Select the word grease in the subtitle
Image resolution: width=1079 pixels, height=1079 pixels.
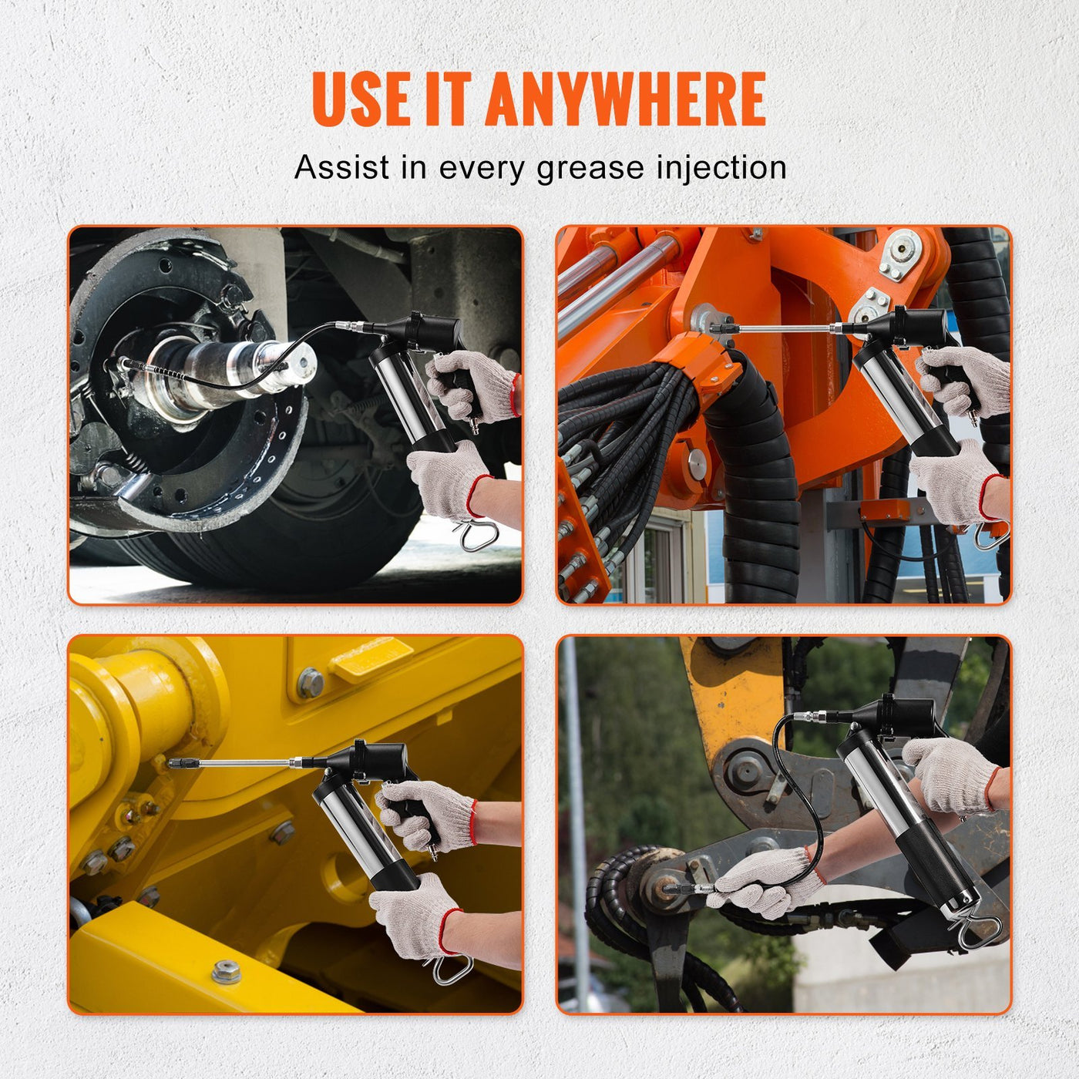tap(590, 168)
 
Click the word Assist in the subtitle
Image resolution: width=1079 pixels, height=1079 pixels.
tap(341, 167)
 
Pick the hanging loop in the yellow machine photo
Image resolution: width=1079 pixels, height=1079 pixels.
tap(451, 969)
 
